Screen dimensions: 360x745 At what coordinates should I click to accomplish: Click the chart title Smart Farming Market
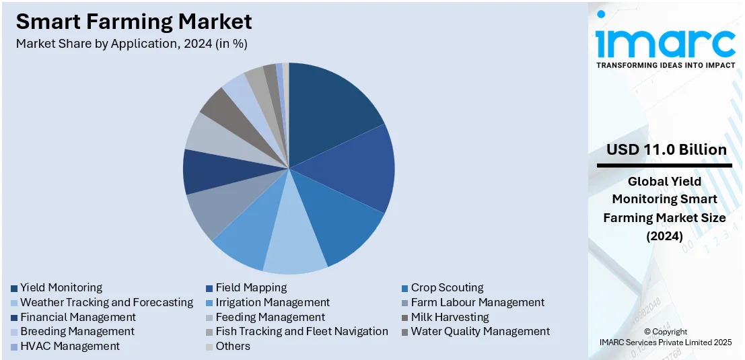coord(134,22)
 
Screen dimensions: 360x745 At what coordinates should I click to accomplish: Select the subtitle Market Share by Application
coord(132,44)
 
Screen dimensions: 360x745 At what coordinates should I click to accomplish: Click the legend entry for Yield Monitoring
coord(61,288)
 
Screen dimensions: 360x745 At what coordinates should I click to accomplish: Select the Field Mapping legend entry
coord(251,288)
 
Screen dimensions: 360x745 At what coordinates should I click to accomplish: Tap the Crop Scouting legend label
coord(447,288)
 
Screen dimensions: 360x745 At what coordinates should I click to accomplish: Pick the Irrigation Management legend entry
coord(273,303)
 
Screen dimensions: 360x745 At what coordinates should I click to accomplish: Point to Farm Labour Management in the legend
coord(477,303)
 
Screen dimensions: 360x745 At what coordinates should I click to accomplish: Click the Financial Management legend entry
coord(78,317)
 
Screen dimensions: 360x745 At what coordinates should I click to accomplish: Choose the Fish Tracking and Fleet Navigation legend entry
coord(301,332)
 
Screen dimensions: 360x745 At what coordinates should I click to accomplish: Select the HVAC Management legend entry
coord(70,347)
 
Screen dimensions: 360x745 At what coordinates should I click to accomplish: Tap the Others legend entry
coord(233,347)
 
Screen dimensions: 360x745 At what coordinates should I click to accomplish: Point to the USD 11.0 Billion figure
coord(666,149)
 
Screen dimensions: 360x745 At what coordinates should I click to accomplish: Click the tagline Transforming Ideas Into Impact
coord(666,65)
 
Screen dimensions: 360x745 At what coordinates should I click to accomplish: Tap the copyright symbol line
coord(664,332)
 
